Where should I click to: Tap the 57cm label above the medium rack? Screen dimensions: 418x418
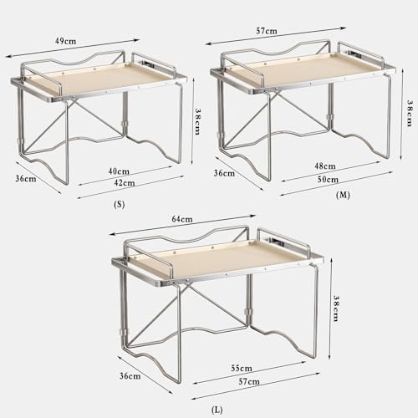pos(267,31)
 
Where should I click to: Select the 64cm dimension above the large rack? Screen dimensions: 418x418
pos(182,219)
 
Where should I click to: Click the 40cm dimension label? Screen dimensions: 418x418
pos(118,172)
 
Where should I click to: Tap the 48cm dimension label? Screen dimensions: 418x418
pos(324,166)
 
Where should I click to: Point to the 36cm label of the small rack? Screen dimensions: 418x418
pos(25,177)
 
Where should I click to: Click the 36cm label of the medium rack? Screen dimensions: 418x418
pos(224,174)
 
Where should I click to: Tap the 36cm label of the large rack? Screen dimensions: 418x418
pos(130,375)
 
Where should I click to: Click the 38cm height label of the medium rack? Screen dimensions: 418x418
pos(408,108)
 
